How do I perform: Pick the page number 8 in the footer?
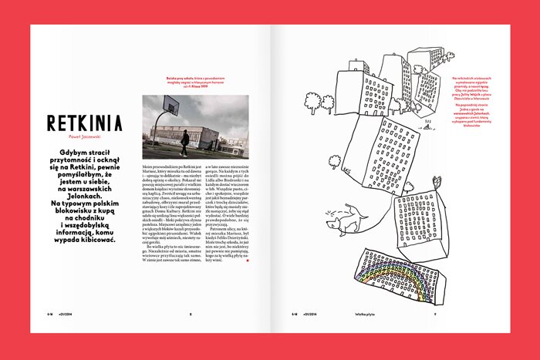tap(191, 314)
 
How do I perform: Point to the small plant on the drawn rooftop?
tap(437, 183)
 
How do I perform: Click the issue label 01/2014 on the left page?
tap(65, 314)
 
